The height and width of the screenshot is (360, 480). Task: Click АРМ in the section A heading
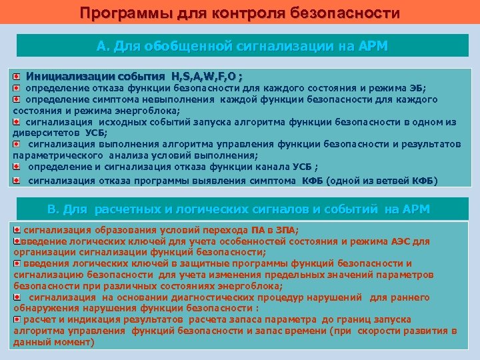(x=372, y=46)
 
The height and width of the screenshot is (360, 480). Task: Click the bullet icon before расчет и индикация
(x=17, y=319)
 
